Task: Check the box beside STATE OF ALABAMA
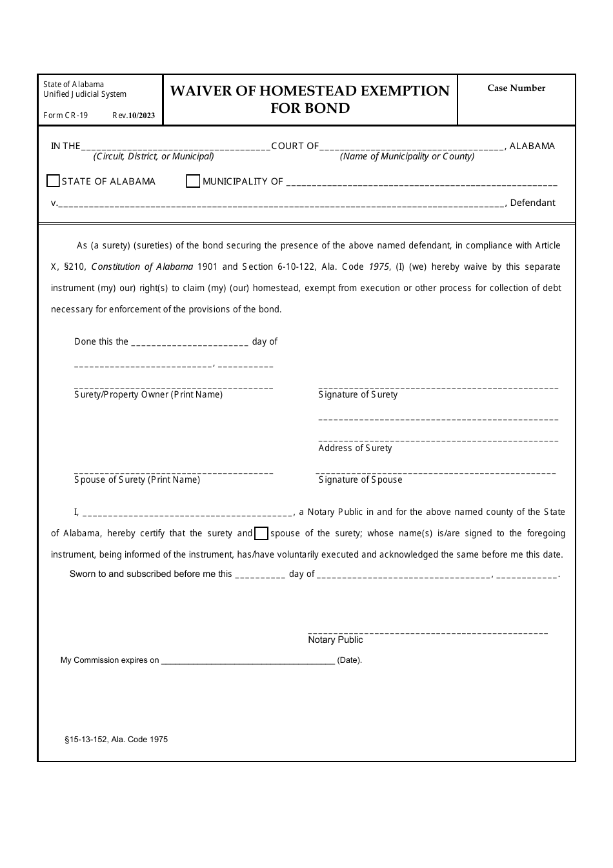54,181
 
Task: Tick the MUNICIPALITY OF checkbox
193,181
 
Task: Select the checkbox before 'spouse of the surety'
261,534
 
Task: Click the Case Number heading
516,88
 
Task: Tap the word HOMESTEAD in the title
310,91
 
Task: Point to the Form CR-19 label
66,116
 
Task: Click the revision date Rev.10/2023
134,116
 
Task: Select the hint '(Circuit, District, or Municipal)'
154,157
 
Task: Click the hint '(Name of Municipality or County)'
407,157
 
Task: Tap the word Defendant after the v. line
532,203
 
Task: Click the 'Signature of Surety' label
358,395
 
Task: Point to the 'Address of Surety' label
355,449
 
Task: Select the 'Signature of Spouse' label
360,480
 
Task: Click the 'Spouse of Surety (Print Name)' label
137,480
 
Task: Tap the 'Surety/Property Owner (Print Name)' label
148,395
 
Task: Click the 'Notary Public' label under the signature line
336,640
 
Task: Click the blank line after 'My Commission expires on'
248,660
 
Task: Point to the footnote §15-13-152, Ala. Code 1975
116,740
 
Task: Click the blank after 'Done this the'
190,342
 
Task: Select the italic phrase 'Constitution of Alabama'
143,267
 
